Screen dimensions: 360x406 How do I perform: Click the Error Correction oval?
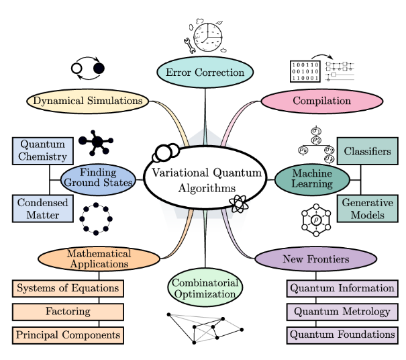pyautogui.click(x=205, y=73)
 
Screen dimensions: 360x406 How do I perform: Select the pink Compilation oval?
pyautogui.click(x=321, y=101)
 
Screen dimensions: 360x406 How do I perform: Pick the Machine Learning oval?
pyautogui.click(x=312, y=179)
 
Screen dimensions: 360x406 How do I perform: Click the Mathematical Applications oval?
pyautogui.click(x=97, y=259)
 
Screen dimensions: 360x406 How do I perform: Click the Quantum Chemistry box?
pyautogui.click(x=42, y=151)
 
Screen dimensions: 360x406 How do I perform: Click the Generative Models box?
pyautogui.click(x=367, y=208)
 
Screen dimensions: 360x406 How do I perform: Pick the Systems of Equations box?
pyautogui.click(x=68, y=289)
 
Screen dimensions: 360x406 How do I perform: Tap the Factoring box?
pyautogui.click(x=68, y=312)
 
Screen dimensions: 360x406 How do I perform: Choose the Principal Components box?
pyautogui.click(x=68, y=334)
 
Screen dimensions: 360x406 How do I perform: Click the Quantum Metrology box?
pyautogui.click(x=342, y=312)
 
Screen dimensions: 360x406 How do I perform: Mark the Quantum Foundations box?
pyautogui.click(x=342, y=334)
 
